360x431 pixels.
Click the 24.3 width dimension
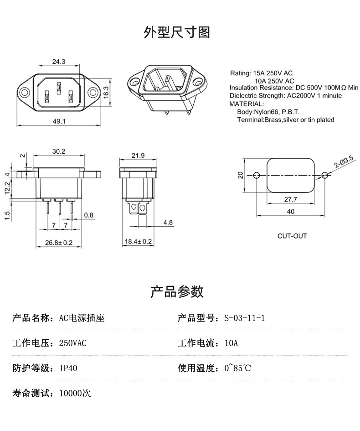59,62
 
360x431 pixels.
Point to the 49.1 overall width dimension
59,121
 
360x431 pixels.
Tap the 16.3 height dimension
106,92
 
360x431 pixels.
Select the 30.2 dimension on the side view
59,151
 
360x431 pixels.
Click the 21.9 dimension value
138,156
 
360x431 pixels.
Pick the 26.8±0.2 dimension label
59,243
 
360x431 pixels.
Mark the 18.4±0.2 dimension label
138,242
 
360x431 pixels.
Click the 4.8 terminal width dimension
168,223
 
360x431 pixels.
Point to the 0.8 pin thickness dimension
89,215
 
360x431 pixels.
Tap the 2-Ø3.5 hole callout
344,162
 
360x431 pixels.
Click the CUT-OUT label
292,236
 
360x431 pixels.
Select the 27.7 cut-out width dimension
291,199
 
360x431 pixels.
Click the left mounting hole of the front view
24,92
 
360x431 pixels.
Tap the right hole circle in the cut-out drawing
324,175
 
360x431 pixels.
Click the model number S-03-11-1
245,318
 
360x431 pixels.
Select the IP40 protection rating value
68,368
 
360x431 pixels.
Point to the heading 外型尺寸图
177,32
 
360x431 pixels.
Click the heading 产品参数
177,291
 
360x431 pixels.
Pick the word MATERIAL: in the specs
247,104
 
